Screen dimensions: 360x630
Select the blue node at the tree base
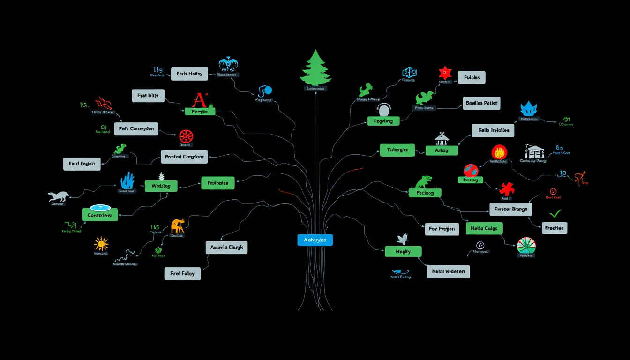point(315,240)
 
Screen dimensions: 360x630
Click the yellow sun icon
point(101,244)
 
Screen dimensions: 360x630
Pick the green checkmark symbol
point(555,214)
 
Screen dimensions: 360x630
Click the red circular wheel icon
point(186,136)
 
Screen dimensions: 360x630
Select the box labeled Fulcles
point(472,77)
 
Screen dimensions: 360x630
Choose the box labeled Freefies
point(555,228)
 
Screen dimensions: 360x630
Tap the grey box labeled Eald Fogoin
point(82,164)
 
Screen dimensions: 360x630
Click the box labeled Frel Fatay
point(182,274)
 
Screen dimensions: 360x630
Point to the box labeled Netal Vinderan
point(448,271)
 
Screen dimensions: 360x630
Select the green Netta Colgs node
point(484,228)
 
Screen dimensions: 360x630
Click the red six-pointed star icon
point(445,73)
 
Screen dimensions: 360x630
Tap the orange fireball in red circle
point(499,152)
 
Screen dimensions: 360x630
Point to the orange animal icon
point(178,226)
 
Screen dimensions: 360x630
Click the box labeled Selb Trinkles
point(493,130)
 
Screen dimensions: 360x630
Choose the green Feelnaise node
point(217,183)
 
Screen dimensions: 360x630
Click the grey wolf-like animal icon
point(59,196)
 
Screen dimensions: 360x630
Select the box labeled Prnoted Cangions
point(185,157)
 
